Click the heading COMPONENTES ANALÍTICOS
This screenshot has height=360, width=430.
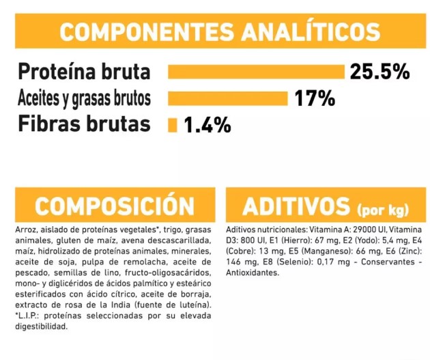click(x=219, y=32)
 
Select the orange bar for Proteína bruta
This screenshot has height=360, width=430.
click(x=256, y=72)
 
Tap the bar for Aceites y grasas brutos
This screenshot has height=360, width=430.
click(x=228, y=98)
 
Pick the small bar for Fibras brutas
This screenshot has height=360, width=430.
click(x=173, y=125)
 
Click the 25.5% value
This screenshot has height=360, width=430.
click(x=379, y=72)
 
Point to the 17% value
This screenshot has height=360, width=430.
click(x=315, y=99)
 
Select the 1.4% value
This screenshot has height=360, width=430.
click(x=207, y=126)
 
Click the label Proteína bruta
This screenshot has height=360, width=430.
click(x=84, y=72)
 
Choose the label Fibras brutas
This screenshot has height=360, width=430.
click(x=84, y=125)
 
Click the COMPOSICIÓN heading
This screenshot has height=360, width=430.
click(x=114, y=205)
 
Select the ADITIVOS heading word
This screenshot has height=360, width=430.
click(x=296, y=206)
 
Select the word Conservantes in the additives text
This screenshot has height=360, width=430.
click(x=386, y=262)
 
